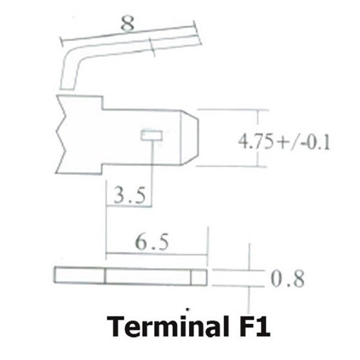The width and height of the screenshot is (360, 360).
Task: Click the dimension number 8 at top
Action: (127, 23)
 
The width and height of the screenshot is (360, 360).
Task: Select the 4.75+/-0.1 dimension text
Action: (284, 142)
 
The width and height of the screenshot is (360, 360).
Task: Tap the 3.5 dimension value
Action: (130, 195)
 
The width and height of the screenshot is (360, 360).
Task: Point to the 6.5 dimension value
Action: (152, 242)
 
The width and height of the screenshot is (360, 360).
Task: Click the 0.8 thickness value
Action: (287, 278)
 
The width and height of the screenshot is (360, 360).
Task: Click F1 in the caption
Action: (254, 326)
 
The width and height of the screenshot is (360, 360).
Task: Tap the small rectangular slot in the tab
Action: (152, 135)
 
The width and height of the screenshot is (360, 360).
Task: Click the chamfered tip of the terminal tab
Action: (190, 137)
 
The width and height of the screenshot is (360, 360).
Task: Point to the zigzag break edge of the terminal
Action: (60, 134)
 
